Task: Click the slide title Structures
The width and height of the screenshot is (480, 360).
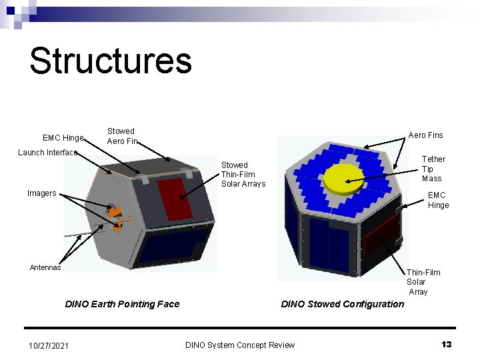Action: [111, 60]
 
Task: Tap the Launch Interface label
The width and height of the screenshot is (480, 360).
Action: [47, 153]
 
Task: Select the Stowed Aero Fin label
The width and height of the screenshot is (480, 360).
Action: [122, 136]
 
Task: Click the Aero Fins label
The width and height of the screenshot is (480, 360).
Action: [425, 135]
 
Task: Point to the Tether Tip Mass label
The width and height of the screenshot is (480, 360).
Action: [433, 169]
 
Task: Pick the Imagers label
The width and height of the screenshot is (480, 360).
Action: [41, 193]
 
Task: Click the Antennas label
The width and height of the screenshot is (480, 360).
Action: [45, 267]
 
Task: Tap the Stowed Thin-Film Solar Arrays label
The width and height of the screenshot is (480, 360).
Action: [243, 174]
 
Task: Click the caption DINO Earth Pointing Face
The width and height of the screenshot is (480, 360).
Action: [122, 304]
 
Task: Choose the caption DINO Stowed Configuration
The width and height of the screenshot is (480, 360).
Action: [342, 304]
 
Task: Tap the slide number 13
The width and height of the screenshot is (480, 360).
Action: [447, 344]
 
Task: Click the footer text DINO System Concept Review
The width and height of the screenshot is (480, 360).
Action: [239, 345]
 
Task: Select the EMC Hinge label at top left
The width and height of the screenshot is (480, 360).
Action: [63, 138]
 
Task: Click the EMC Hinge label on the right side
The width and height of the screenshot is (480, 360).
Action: [438, 200]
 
